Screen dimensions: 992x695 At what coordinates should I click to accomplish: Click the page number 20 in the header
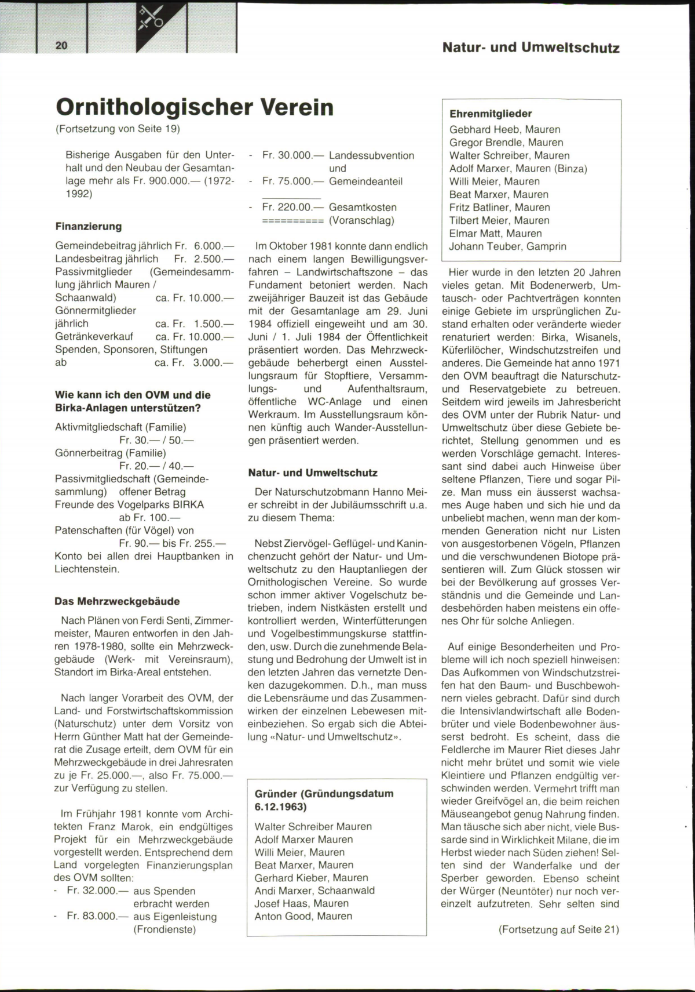(x=62, y=46)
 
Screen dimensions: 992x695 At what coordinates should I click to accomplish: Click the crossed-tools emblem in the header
(x=152, y=18)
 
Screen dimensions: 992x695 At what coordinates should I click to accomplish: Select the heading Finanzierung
(x=89, y=226)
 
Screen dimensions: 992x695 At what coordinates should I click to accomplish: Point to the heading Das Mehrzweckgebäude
(x=117, y=601)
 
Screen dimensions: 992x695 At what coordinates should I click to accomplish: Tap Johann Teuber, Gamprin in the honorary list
(x=507, y=246)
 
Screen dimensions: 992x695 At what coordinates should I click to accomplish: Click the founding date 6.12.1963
(x=280, y=806)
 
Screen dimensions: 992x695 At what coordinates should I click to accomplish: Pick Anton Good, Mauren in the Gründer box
(x=303, y=916)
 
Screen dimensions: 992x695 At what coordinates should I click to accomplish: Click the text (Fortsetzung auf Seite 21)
(x=558, y=929)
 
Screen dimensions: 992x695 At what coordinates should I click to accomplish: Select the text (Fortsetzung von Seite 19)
(x=118, y=128)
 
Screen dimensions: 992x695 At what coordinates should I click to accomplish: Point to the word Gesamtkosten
(x=363, y=207)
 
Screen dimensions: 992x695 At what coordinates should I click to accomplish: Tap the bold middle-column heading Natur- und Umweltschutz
(x=313, y=473)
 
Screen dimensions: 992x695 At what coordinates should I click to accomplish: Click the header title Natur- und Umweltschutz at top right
(x=531, y=48)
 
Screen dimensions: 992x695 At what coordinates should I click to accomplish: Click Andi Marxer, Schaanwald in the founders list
(x=314, y=891)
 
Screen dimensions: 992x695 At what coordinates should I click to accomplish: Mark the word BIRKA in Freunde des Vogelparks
(x=188, y=504)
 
